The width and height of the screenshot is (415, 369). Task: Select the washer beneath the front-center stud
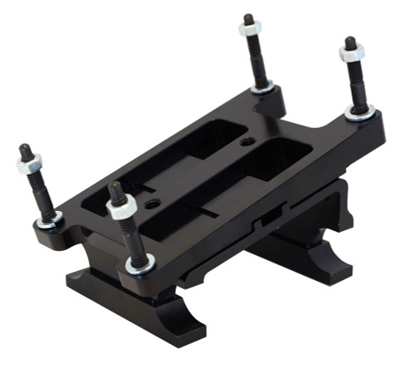(140, 265)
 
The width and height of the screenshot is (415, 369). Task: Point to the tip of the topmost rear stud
(248, 17)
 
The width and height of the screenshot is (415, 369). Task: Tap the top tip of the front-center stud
(115, 188)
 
